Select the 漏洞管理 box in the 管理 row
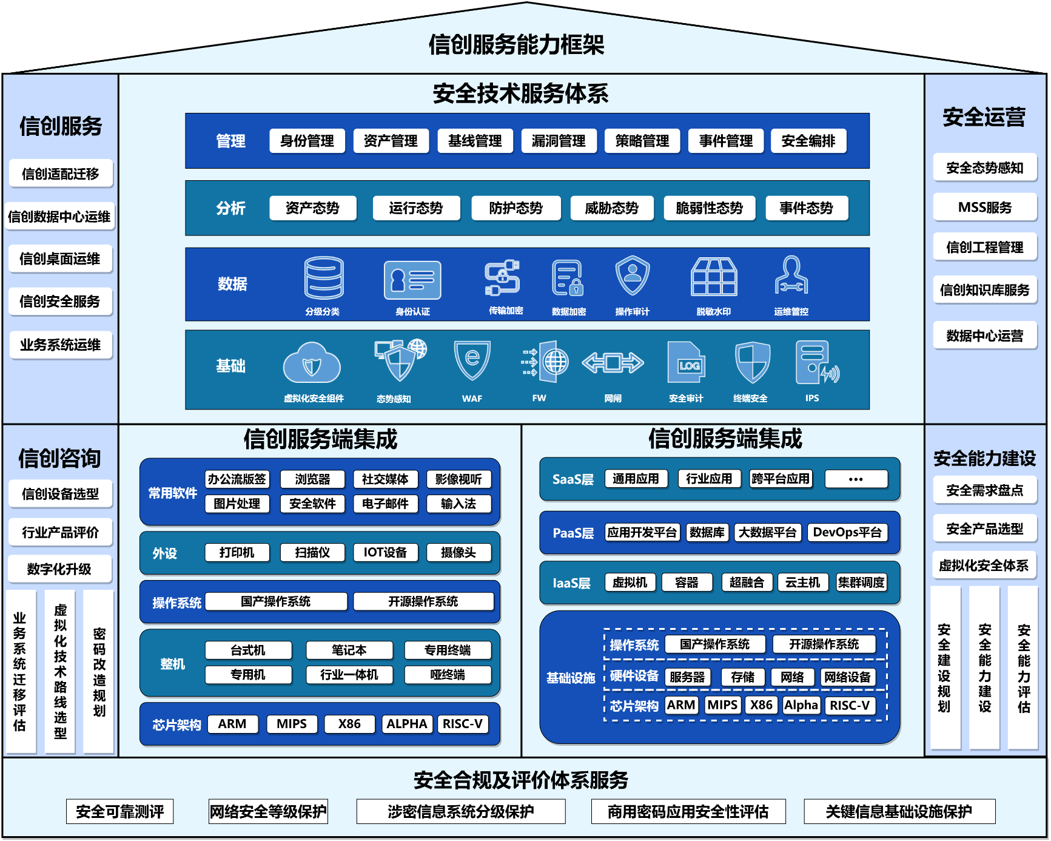(558, 141)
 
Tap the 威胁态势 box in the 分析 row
(611, 208)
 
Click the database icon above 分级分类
(324, 278)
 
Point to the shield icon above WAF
(472, 360)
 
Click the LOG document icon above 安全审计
(686, 362)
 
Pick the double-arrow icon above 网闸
(613, 363)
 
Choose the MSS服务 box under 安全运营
(984, 208)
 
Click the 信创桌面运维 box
(60, 259)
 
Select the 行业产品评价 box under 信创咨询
(60, 532)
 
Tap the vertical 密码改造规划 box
(99, 672)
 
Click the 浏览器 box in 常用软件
(312, 479)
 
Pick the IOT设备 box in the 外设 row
(385, 552)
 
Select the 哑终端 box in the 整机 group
(448, 675)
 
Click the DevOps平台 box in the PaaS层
(847, 532)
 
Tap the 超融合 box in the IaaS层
(747, 583)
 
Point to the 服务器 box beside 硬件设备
(687, 677)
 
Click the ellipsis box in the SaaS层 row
(856, 479)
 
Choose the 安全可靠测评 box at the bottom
(120, 811)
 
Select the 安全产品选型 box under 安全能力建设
(984, 529)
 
